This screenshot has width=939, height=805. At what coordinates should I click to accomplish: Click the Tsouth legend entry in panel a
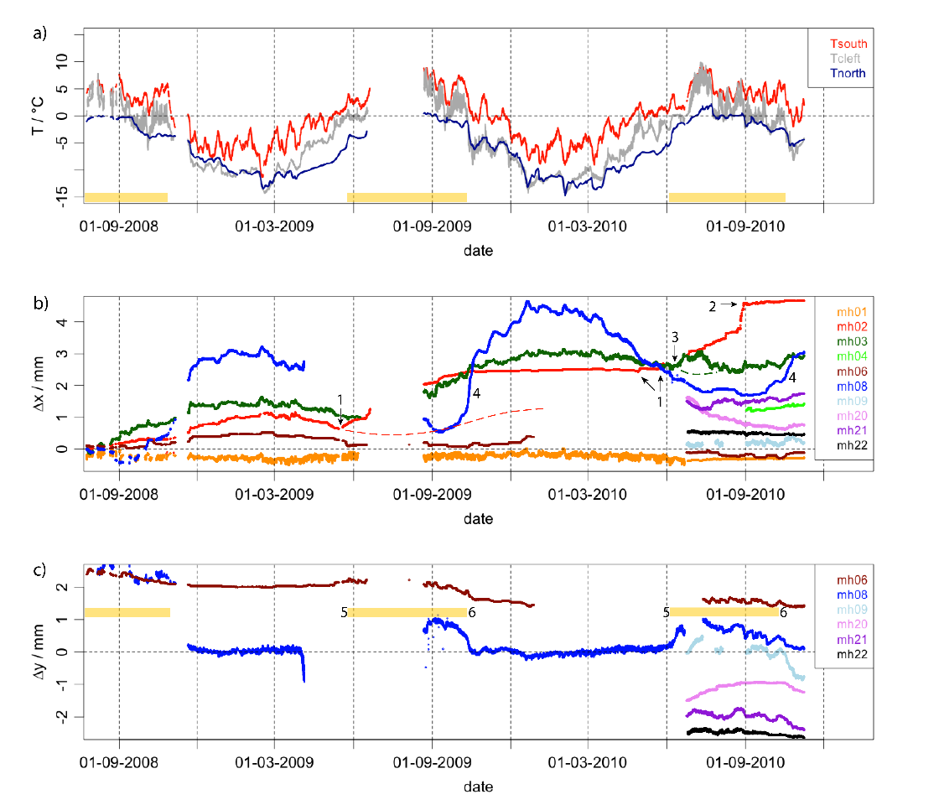tap(848, 44)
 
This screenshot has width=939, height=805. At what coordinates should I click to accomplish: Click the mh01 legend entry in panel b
tap(846, 312)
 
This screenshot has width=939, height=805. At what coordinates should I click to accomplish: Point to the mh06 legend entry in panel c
tap(846, 579)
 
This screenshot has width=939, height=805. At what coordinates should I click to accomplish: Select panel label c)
tap(39, 571)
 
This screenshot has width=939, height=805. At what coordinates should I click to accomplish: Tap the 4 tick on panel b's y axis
tap(63, 321)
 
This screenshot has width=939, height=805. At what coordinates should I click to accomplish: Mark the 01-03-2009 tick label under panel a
tap(275, 225)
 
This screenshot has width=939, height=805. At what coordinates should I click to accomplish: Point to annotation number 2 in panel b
tap(713, 307)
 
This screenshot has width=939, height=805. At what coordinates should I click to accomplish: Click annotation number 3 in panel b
tap(674, 336)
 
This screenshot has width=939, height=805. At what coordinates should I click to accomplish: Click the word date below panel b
tap(479, 519)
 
